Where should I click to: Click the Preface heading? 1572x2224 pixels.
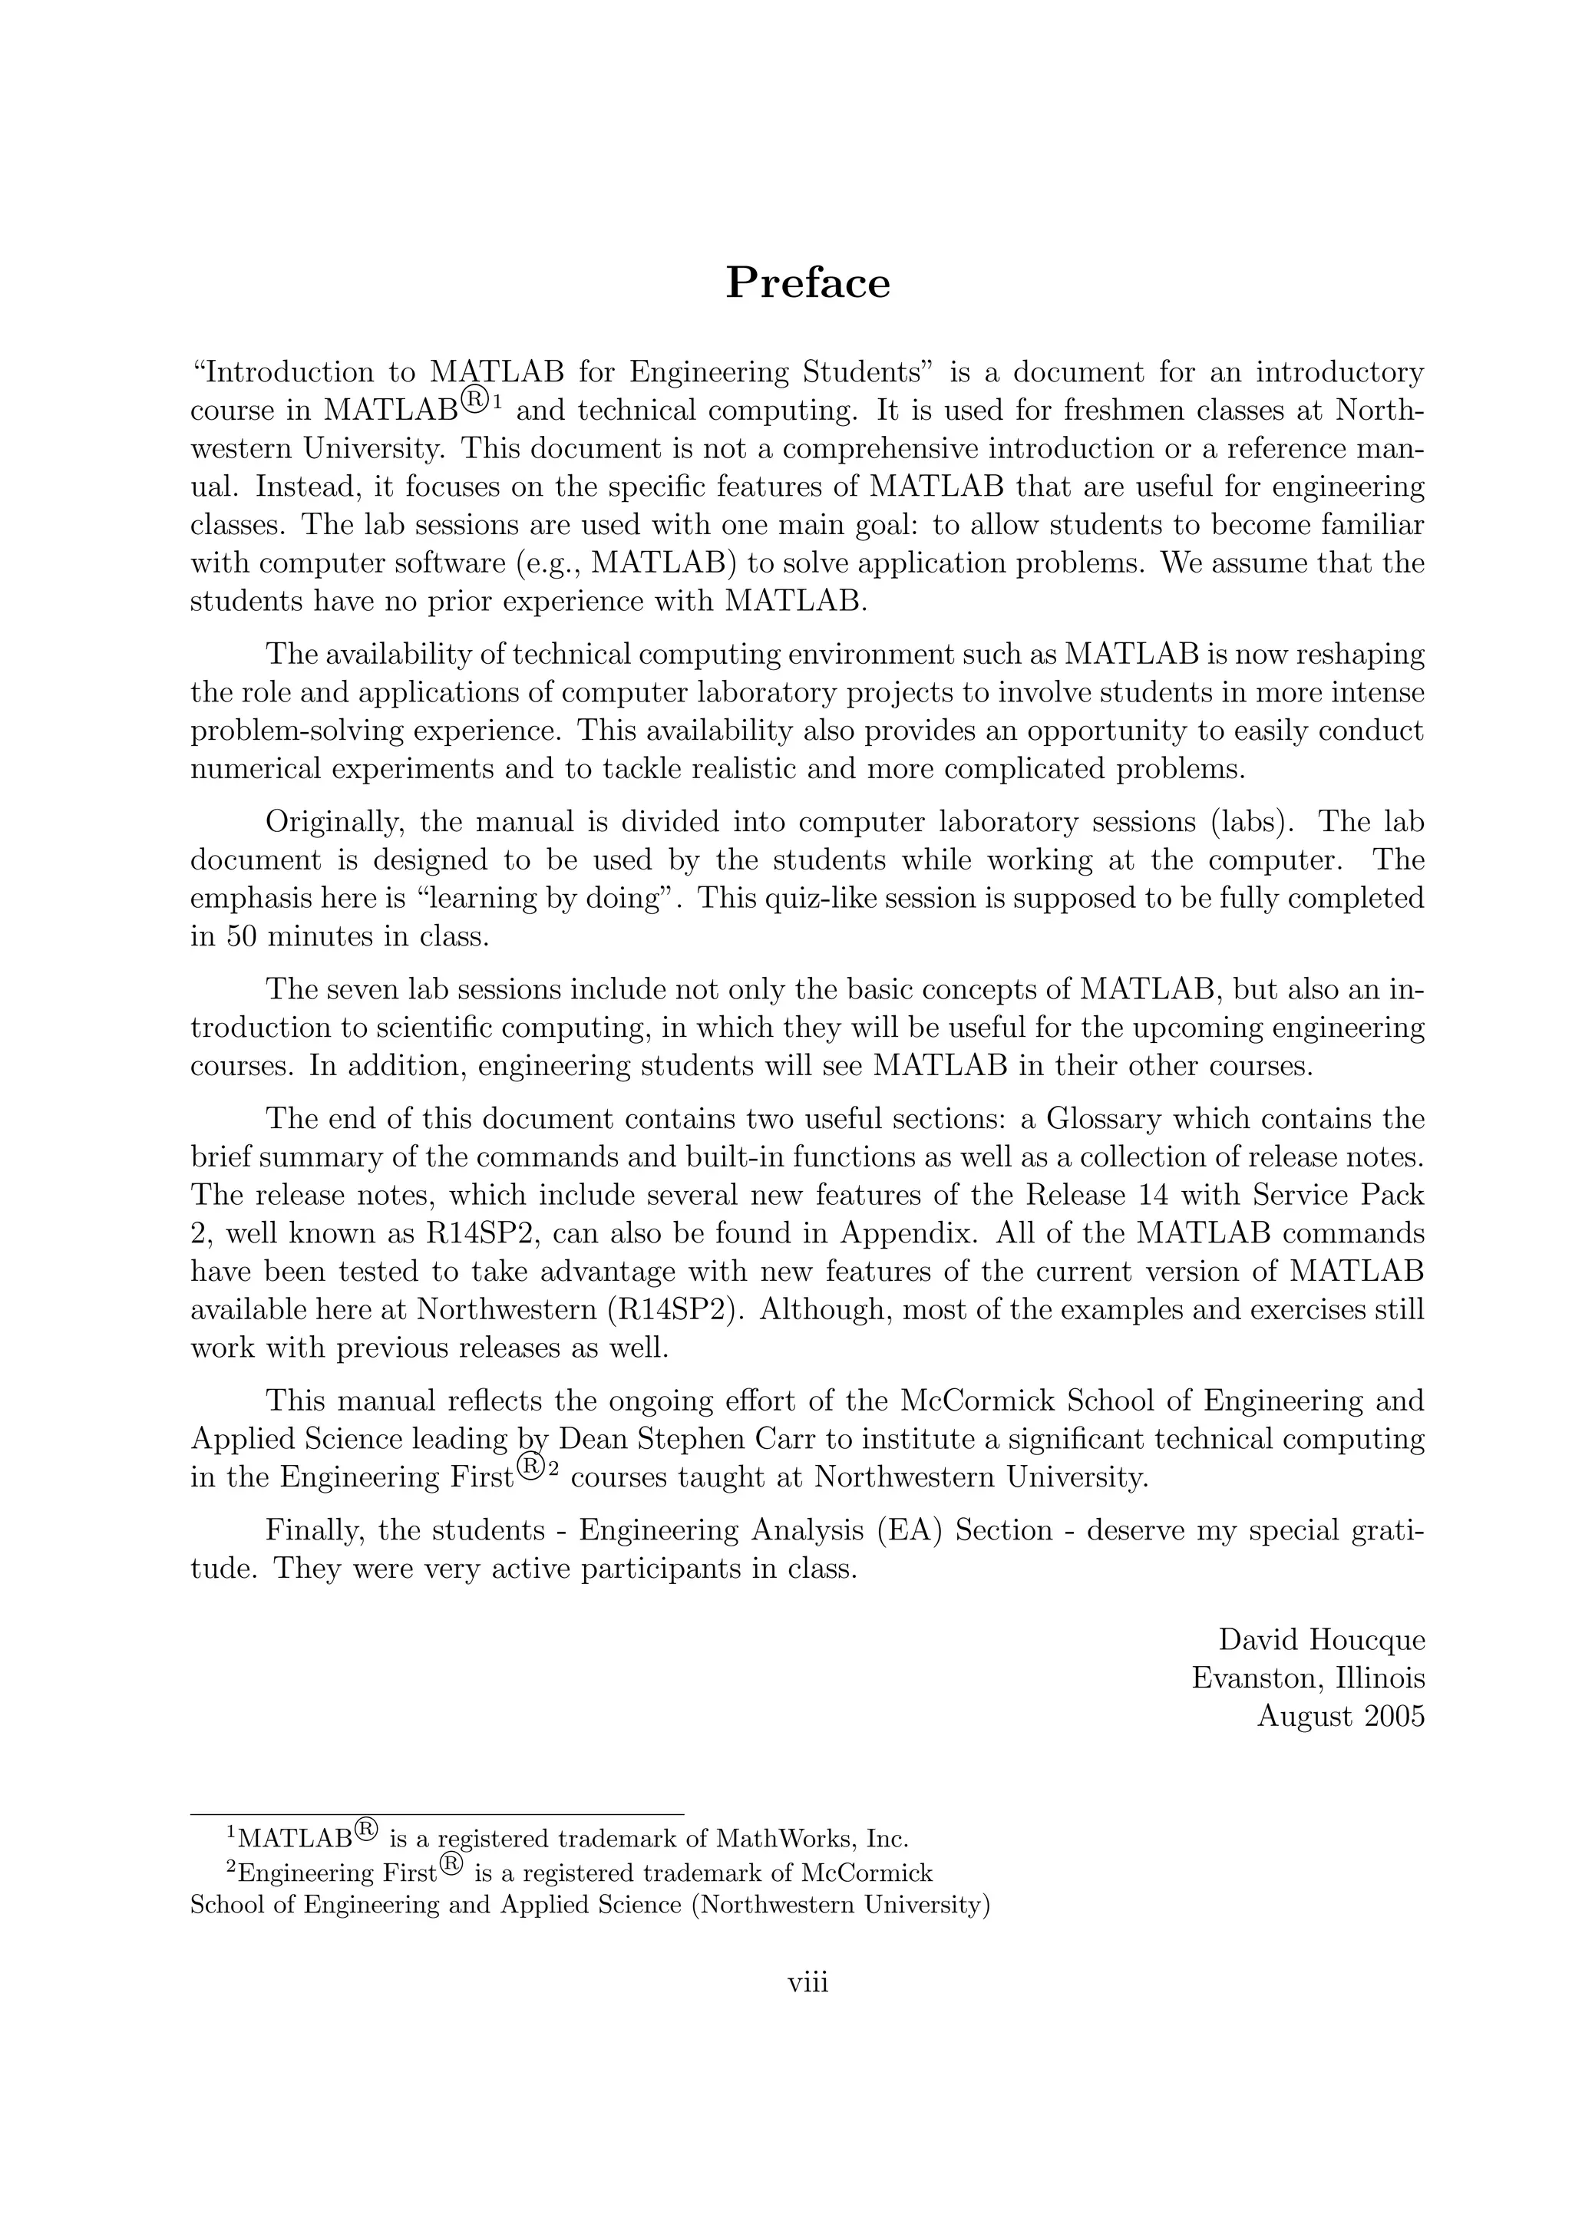pyautogui.click(x=807, y=283)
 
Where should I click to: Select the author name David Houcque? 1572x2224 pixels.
pyautogui.click(x=1321, y=1640)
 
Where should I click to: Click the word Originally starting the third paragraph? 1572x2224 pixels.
pyautogui.click(x=329, y=823)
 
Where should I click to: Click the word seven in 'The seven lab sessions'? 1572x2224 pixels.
pyautogui.click(x=364, y=990)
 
